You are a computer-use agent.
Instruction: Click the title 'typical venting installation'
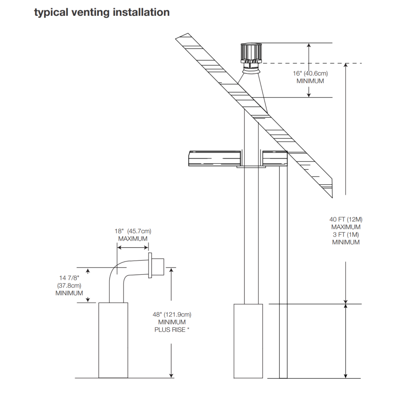coord(102,13)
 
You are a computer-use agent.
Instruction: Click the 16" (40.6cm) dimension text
coord(310,73)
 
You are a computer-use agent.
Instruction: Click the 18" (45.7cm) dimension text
coord(133,231)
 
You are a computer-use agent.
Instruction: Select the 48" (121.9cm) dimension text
coord(172,314)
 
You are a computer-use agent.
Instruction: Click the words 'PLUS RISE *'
coord(172,330)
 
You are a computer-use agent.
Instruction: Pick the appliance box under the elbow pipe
coord(113,340)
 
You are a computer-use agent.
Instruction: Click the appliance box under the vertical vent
coord(248,341)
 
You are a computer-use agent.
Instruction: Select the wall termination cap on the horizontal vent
coord(156,267)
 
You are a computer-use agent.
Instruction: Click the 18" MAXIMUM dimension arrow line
coord(132,247)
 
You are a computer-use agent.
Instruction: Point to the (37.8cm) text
coord(69,285)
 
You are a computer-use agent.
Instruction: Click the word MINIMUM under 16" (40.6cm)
coord(310,81)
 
